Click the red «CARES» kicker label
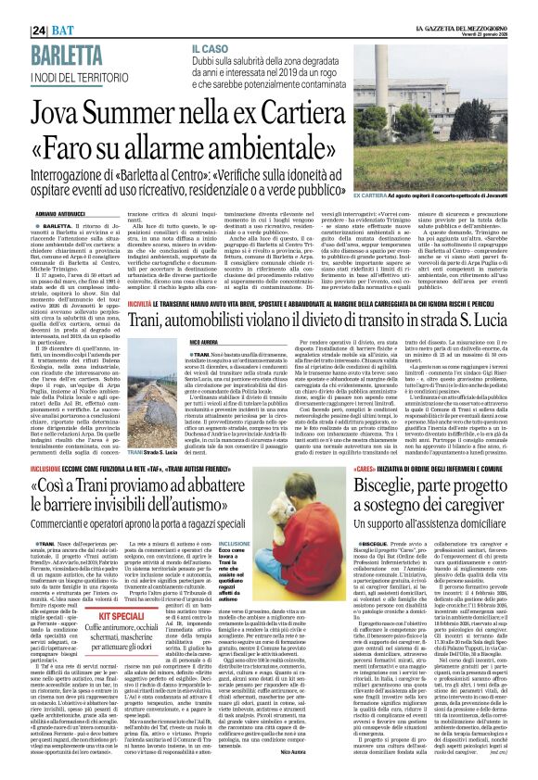(363, 470)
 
